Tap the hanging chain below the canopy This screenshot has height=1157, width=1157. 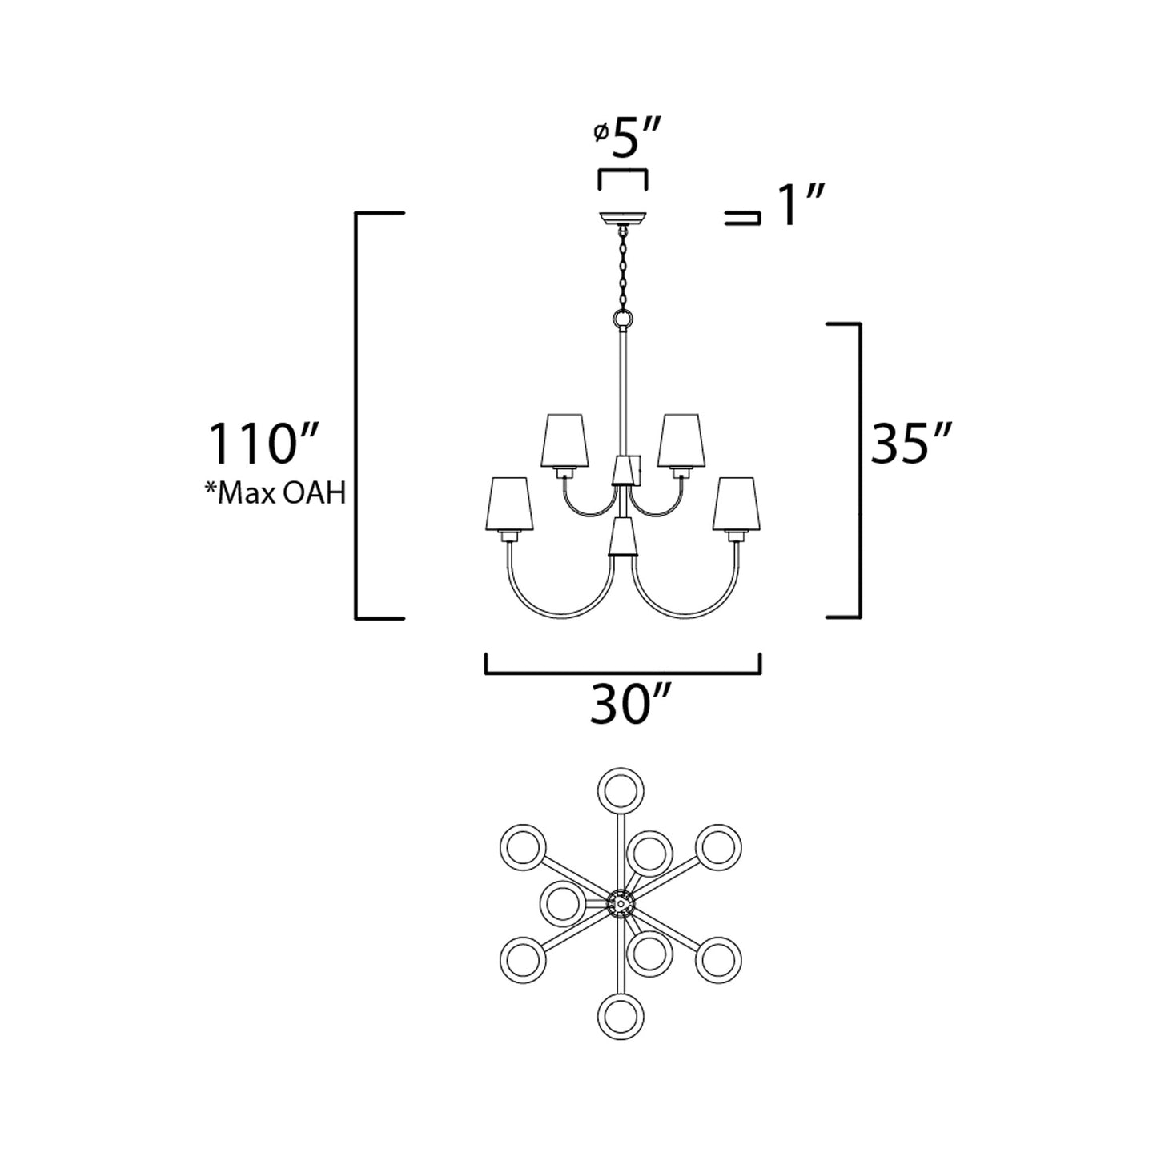[622, 268]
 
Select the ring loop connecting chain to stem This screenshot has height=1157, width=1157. [622, 320]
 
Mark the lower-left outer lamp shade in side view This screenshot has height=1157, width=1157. [508, 504]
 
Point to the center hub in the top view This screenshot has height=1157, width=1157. [621, 903]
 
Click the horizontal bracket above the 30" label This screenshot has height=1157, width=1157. [622, 673]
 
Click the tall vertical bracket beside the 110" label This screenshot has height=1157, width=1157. [358, 416]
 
